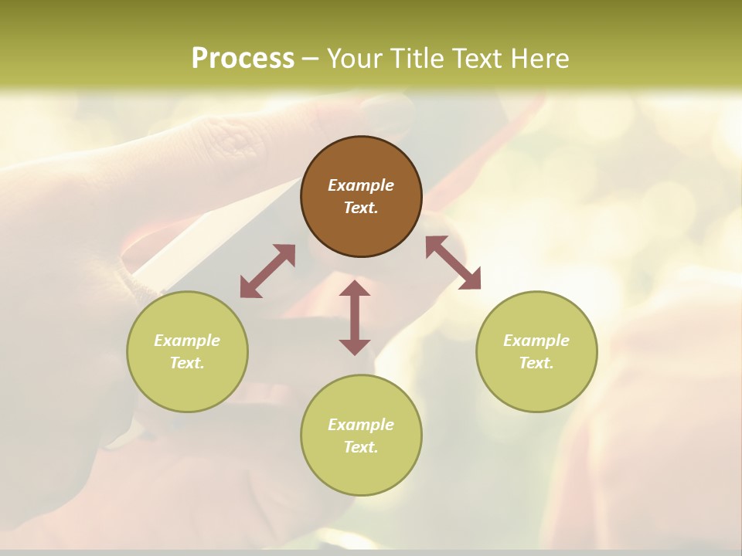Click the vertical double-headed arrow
tap(355, 317)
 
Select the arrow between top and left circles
tap(267, 271)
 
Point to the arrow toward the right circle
tap(453, 263)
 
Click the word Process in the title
tap(243, 59)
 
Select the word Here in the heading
tap(540, 59)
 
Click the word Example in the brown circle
tap(361, 185)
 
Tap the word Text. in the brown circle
tap(361, 208)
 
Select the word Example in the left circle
tap(187, 341)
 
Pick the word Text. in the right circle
tap(536, 363)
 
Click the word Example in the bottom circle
tap(361, 425)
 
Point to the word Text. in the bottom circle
tap(361, 447)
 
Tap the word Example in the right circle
tap(536, 341)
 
